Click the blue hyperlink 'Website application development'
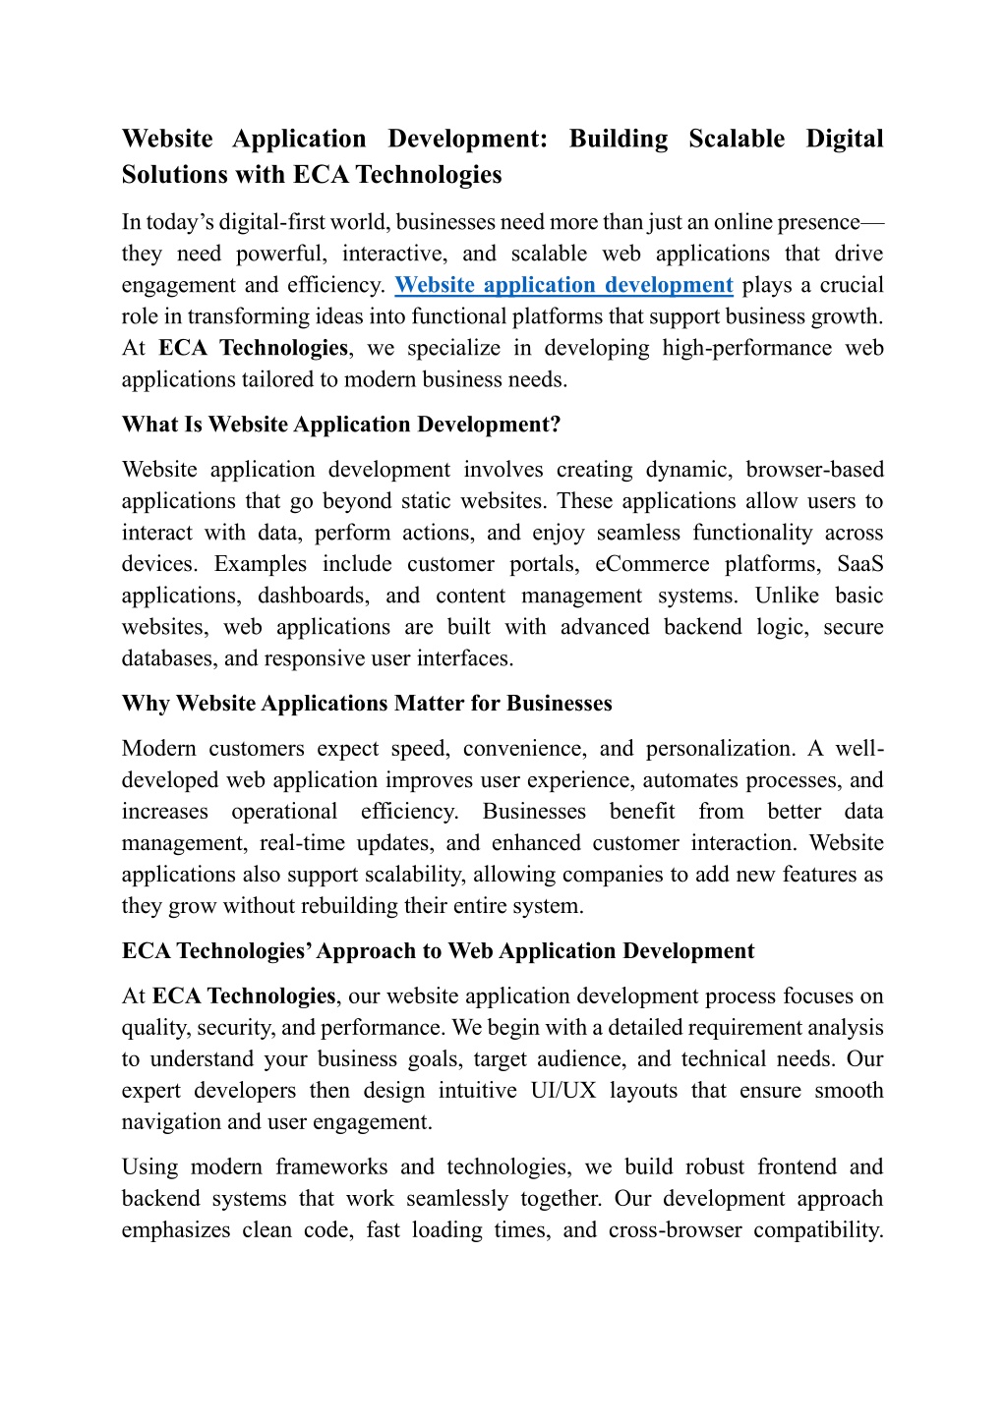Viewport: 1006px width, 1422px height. (x=563, y=285)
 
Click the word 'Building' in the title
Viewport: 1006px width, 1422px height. (x=618, y=139)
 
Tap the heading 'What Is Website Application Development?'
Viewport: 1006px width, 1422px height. (x=340, y=425)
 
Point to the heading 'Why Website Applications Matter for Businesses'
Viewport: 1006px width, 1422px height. (x=366, y=704)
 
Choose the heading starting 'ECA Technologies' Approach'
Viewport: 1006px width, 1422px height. (x=438, y=951)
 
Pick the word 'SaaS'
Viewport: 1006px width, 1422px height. (x=859, y=564)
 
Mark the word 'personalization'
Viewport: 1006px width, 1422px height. (x=719, y=749)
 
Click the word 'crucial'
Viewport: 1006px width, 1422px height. (x=851, y=285)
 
